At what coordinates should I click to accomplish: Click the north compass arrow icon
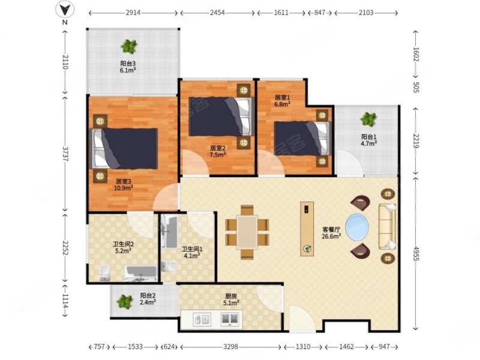pyautogui.click(x=65, y=10)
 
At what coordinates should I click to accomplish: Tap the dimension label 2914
pyautogui.click(x=133, y=13)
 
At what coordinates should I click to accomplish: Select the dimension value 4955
pyautogui.click(x=415, y=253)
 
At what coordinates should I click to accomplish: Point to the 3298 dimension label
pyautogui.click(x=230, y=347)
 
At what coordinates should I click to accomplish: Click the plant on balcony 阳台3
pyautogui.click(x=129, y=47)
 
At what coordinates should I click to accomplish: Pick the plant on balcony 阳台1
pyautogui.click(x=368, y=119)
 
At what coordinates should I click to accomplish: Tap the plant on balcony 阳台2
pyautogui.click(x=125, y=301)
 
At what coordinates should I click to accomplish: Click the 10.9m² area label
pyautogui.click(x=124, y=188)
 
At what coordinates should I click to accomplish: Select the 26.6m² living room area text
pyautogui.click(x=331, y=236)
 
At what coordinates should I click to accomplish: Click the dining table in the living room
pyautogui.click(x=247, y=232)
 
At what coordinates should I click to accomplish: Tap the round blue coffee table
pyautogui.click(x=357, y=227)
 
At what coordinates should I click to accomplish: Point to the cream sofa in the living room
pyautogui.click(x=388, y=226)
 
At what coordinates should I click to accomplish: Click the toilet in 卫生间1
pyautogui.click(x=169, y=266)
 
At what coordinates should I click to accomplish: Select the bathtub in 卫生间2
pyautogui.click(x=140, y=273)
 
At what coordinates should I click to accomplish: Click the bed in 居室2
pyautogui.click(x=221, y=116)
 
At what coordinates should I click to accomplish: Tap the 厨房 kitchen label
pyautogui.click(x=231, y=296)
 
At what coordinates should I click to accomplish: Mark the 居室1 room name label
pyautogui.click(x=282, y=98)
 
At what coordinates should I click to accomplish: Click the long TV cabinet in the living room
pyautogui.click(x=307, y=229)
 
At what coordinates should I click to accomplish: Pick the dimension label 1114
pyautogui.click(x=65, y=301)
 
